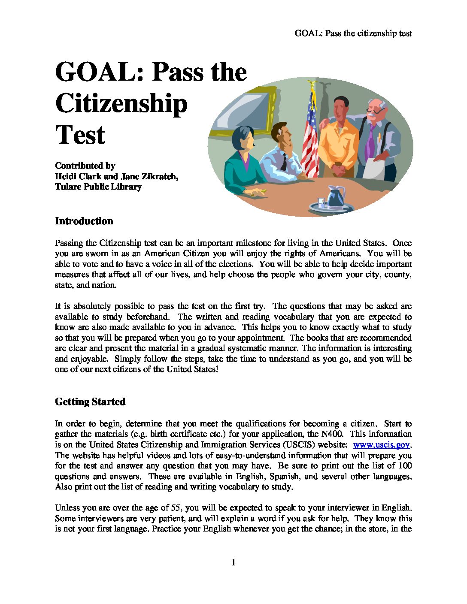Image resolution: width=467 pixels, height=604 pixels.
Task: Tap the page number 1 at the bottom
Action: tap(233, 562)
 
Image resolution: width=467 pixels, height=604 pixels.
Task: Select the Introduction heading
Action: tap(84, 221)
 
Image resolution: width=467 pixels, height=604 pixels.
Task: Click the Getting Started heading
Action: tap(90, 402)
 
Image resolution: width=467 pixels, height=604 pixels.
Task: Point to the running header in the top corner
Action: tap(353, 33)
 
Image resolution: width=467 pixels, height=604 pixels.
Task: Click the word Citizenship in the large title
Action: tap(121, 103)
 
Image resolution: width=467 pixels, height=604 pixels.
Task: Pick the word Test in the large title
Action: tap(80, 135)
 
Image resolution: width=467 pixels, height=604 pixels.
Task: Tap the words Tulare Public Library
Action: tap(98, 187)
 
